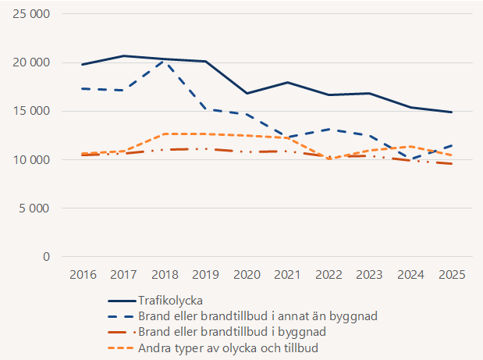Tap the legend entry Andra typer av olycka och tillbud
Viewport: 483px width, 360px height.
(228, 348)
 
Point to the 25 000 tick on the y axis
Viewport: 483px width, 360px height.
(30, 14)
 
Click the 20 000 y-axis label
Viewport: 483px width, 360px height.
(30, 62)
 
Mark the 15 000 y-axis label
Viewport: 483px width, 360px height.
(30, 111)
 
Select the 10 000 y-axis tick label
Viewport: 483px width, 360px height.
(30, 160)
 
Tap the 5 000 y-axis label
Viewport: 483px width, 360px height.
(34, 209)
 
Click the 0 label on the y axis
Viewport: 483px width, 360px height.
(46, 257)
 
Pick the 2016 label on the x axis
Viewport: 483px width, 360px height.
(82, 275)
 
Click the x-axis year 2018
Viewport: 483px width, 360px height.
(165, 275)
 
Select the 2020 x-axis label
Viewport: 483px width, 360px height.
(247, 275)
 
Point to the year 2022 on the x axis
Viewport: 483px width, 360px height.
(329, 275)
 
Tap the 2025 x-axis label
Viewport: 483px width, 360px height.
(453, 275)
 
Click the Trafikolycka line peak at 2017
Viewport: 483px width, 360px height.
(123, 55)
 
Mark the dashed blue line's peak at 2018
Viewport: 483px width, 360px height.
(165, 61)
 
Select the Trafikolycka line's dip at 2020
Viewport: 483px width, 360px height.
(247, 93)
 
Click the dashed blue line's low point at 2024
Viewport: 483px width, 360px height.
(411, 160)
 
